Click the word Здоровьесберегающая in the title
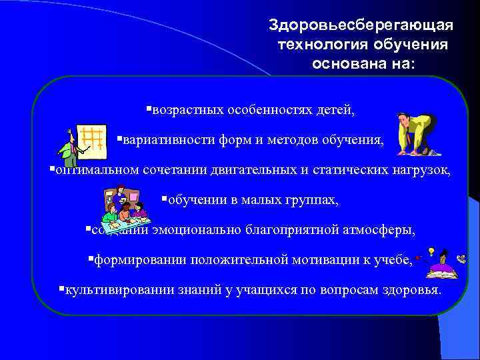coord(361,25)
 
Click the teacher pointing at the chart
coord(69,148)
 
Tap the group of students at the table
coord(124,207)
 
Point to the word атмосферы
coord(382,230)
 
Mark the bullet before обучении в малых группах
coord(164,199)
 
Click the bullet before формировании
coord(91,259)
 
